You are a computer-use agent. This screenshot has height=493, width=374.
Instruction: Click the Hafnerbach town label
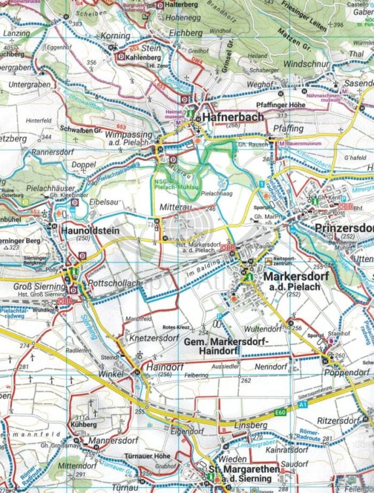click(233, 117)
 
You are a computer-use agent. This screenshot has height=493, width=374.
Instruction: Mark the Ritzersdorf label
click(341, 419)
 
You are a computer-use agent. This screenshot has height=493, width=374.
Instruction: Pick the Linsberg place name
click(251, 425)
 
